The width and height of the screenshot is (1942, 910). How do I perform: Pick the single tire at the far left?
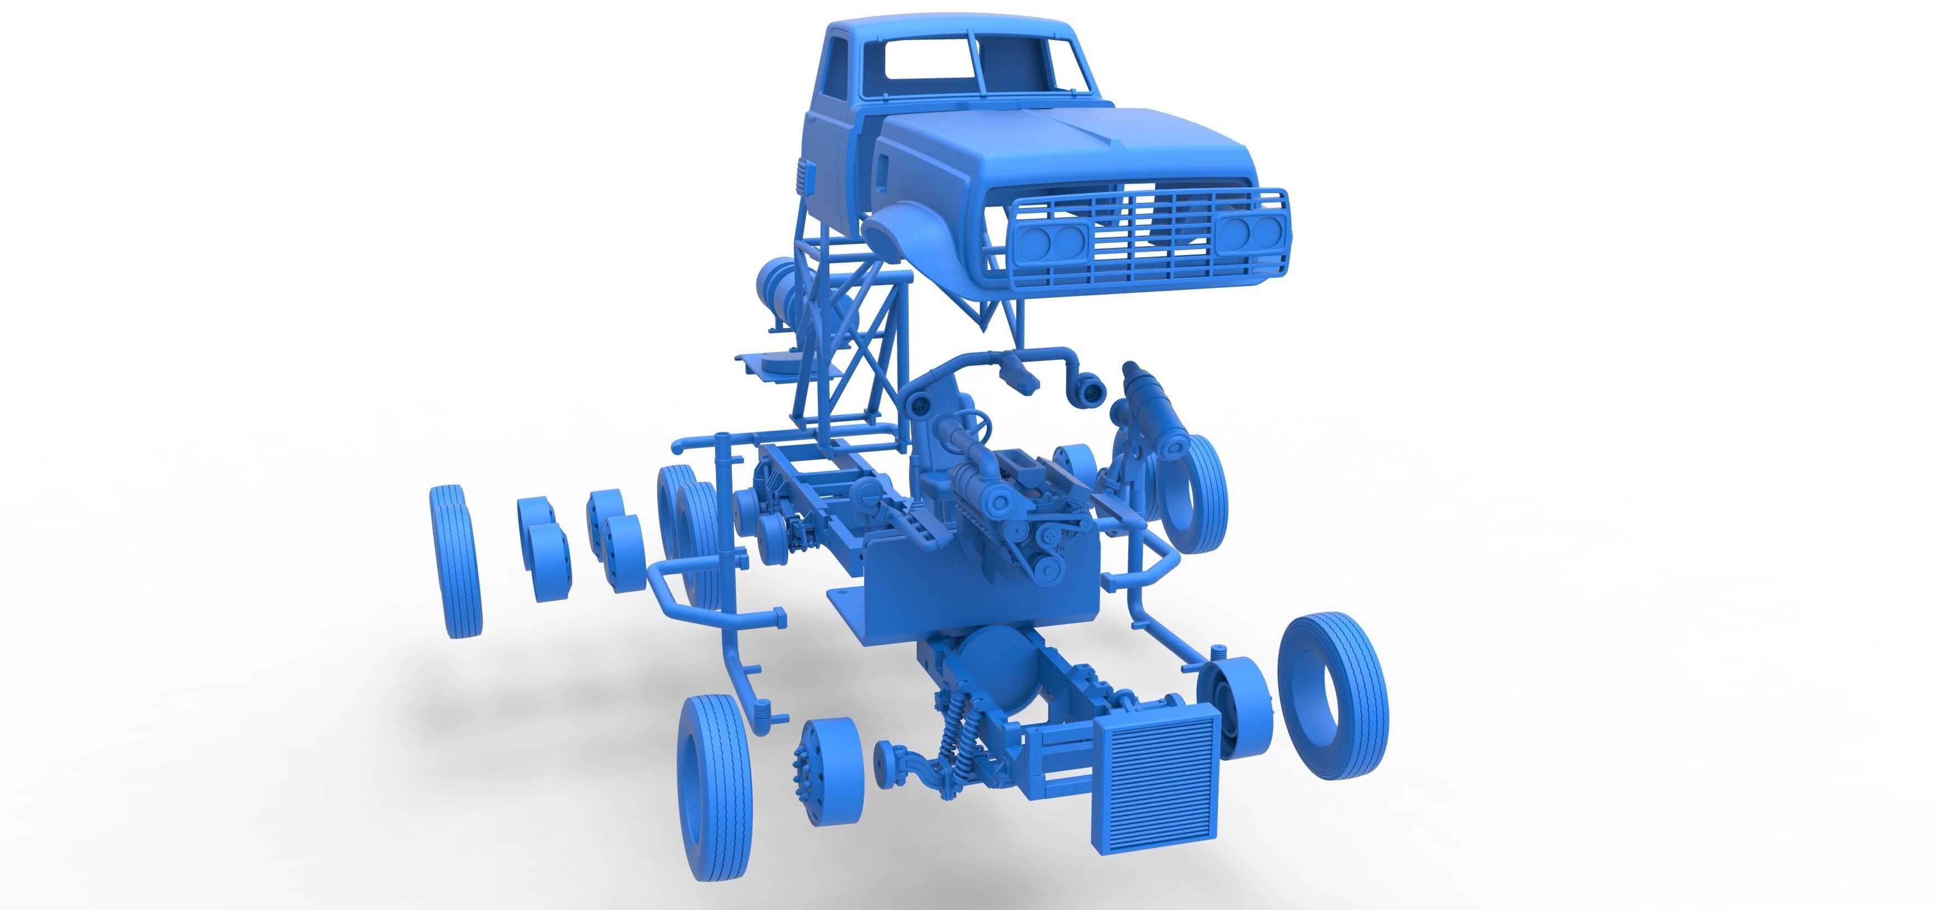point(455,562)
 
